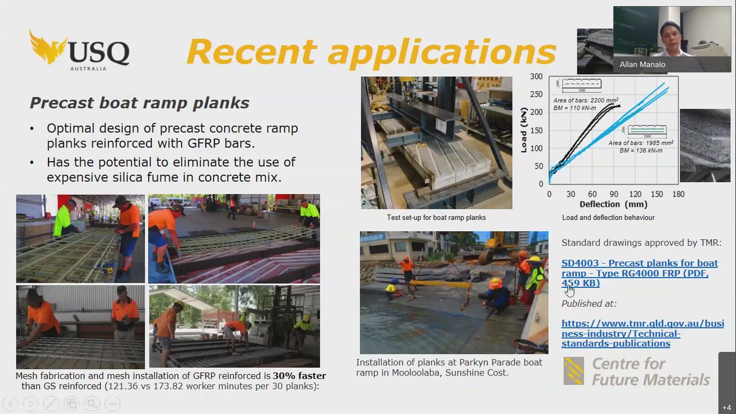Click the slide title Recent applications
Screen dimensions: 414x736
click(x=371, y=52)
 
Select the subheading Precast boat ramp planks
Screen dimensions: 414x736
click(x=140, y=103)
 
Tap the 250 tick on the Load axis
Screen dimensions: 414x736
click(x=536, y=94)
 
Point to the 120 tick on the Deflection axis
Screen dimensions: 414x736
click(x=635, y=194)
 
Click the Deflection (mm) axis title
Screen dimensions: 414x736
click(x=613, y=204)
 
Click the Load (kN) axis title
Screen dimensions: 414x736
click(x=524, y=130)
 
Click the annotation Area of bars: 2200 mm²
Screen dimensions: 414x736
click(x=586, y=100)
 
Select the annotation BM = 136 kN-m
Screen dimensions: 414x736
click(x=641, y=151)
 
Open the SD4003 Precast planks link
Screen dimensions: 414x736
click(x=639, y=273)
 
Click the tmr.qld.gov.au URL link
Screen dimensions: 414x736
click(x=642, y=333)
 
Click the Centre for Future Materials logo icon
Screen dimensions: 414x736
click(x=574, y=371)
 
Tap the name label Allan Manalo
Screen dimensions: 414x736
click(x=642, y=65)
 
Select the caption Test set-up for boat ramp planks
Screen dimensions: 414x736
click(x=436, y=218)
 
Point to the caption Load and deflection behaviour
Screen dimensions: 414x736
click(x=608, y=218)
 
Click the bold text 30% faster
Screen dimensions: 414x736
click(x=299, y=376)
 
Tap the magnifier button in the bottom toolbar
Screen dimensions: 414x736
click(x=92, y=404)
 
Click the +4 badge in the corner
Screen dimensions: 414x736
click(x=726, y=407)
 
